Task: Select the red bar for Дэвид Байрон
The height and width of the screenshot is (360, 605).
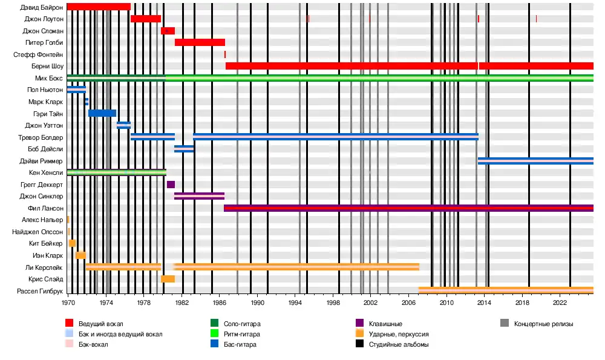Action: coord(99,7)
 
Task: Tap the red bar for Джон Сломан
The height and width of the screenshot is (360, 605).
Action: coord(168,31)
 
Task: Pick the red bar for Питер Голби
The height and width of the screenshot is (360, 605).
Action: coord(200,42)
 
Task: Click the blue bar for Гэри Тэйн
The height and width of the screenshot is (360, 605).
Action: coord(102,113)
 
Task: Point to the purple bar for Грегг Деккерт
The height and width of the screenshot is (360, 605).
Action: coord(171,185)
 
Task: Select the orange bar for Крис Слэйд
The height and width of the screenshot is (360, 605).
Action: coord(168,279)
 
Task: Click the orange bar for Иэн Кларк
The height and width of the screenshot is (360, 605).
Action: coord(80,255)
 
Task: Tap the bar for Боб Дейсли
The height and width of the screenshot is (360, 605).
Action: coord(184,149)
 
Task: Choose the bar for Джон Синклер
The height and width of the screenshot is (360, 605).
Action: coord(199,196)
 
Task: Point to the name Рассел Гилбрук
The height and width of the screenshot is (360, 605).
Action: coord(39,291)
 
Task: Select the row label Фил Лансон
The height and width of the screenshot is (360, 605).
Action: coord(45,208)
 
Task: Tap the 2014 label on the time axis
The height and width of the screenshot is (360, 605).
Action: coord(485,302)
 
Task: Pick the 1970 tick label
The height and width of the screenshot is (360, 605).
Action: coord(68,302)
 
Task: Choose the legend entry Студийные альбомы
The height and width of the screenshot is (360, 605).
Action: coord(399,344)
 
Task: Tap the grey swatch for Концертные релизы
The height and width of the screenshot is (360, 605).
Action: coord(504,324)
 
